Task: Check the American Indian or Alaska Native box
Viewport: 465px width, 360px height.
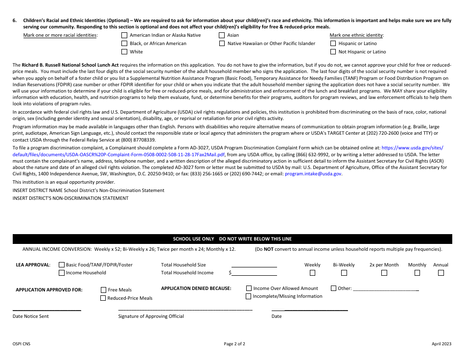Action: click(x=124, y=35)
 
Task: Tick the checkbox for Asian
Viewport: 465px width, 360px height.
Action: click(x=222, y=35)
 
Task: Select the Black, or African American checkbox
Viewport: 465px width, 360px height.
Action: click(x=124, y=44)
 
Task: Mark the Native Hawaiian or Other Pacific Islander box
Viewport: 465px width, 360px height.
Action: click(x=222, y=44)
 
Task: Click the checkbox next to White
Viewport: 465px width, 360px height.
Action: click(x=124, y=52)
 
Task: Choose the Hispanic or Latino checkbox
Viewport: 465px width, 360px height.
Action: click(x=333, y=44)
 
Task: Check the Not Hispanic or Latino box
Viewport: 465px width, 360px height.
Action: click(x=333, y=52)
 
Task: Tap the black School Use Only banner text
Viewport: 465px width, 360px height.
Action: click(x=232, y=239)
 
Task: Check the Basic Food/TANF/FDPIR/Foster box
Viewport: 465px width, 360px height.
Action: click(x=62, y=265)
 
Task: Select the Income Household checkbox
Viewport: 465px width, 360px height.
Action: click(x=62, y=273)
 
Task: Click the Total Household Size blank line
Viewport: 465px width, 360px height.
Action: click(x=254, y=265)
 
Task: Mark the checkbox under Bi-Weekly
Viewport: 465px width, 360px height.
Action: click(x=344, y=273)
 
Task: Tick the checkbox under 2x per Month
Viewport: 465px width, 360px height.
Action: click(x=384, y=273)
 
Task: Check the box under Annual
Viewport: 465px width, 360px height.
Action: click(x=441, y=273)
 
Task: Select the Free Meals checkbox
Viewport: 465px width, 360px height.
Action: click(x=103, y=290)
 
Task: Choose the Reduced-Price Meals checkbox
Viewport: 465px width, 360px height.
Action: click(x=103, y=298)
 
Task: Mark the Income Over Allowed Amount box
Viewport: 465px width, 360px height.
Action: click(x=249, y=288)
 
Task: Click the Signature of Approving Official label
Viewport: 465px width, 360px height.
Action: click(x=151, y=316)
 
